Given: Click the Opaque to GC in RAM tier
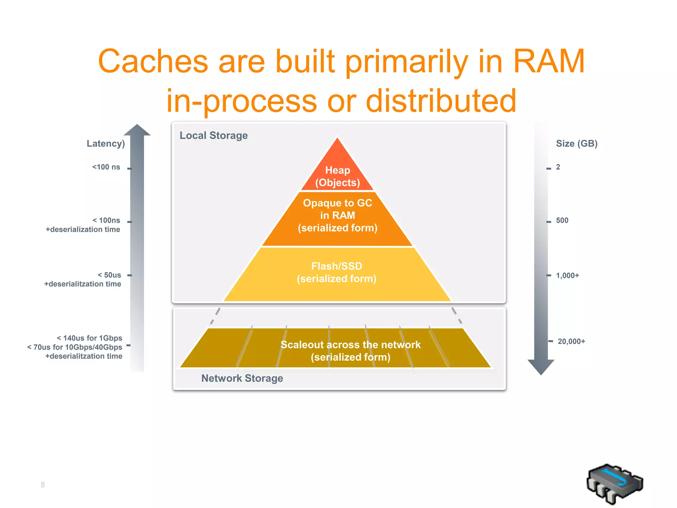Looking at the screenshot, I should (338, 216).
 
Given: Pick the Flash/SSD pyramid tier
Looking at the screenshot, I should (337, 273).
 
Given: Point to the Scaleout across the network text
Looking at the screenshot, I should (350, 345).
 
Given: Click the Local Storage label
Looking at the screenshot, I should (214, 136).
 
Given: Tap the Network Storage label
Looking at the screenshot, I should (242, 378).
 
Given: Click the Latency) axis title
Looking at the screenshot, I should (106, 144).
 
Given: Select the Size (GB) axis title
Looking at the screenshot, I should (577, 144).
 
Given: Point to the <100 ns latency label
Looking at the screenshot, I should (106, 167).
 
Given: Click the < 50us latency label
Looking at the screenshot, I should (109, 275).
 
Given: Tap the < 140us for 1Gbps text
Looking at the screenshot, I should (89, 338).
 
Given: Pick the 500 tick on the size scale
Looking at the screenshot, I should (562, 221).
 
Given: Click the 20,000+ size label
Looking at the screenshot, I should (571, 341).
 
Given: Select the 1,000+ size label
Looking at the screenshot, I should (567, 275).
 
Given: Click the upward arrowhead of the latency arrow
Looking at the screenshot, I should (137, 130).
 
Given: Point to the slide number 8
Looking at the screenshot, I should (43, 485).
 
